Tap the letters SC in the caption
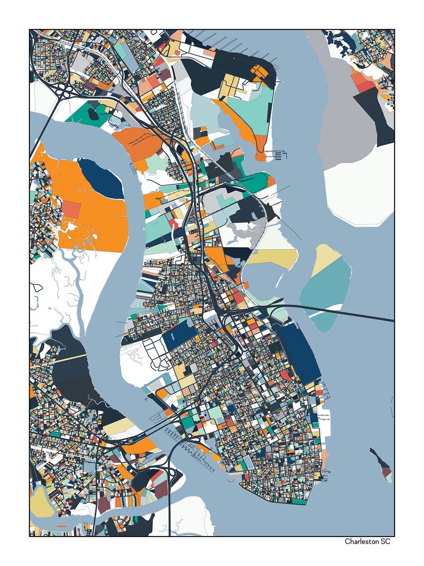[385, 541]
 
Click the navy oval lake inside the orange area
[101, 179]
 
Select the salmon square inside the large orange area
[72, 209]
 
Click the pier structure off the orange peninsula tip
[280, 156]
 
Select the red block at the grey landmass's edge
[364, 86]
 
